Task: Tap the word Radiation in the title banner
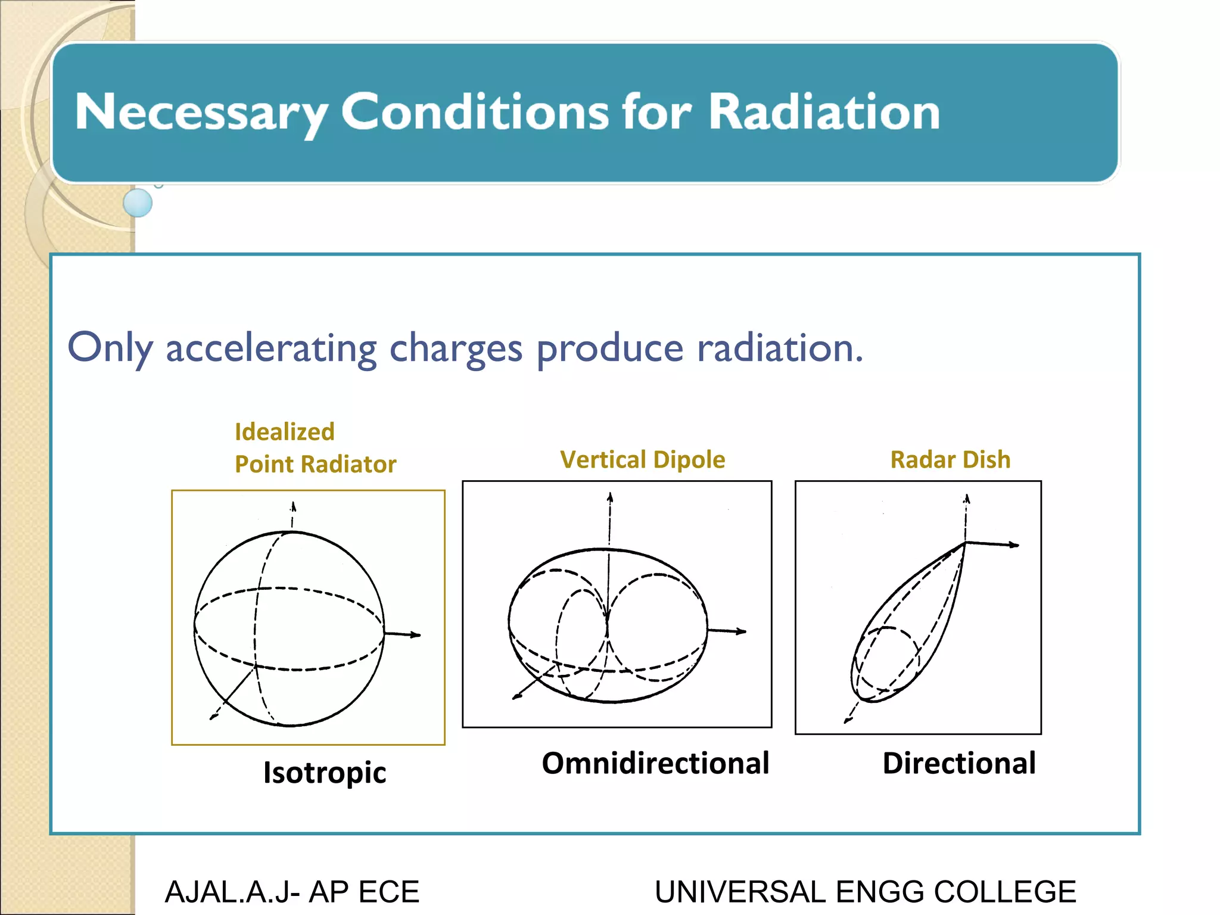tap(824, 112)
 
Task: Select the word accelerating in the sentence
tap(271, 348)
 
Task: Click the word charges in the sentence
tap(456, 348)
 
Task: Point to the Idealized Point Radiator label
tap(315, 448)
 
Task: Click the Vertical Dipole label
tap(643, 459)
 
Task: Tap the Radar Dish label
tap(950, 459)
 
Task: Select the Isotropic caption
tap(325, 773)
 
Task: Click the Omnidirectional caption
tap(655, 763)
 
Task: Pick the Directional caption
tap(959, 763)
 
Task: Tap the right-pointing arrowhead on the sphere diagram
tap(416, 635)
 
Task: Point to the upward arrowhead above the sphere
tap(293, 507)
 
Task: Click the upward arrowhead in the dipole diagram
tap(610, 497)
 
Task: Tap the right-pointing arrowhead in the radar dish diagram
tap(1014, 544)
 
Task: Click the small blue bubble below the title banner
tap(138, 203)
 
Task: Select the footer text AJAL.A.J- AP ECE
tap(292, 892)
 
